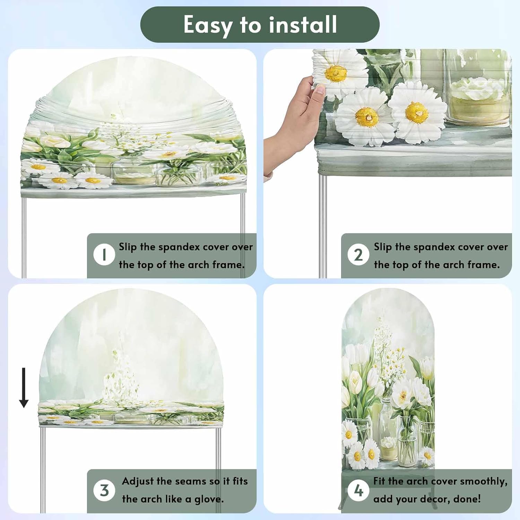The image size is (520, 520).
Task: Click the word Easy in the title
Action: [208, 25]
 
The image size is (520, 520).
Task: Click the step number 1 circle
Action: [104, 255]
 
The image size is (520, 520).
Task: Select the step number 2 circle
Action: [358, 255]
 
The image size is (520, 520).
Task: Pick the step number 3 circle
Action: [104, 490]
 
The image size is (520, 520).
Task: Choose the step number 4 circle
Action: [358, 490]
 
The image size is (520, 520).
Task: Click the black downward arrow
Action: [24, 388]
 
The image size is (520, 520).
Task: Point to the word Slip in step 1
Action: [128, 247]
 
